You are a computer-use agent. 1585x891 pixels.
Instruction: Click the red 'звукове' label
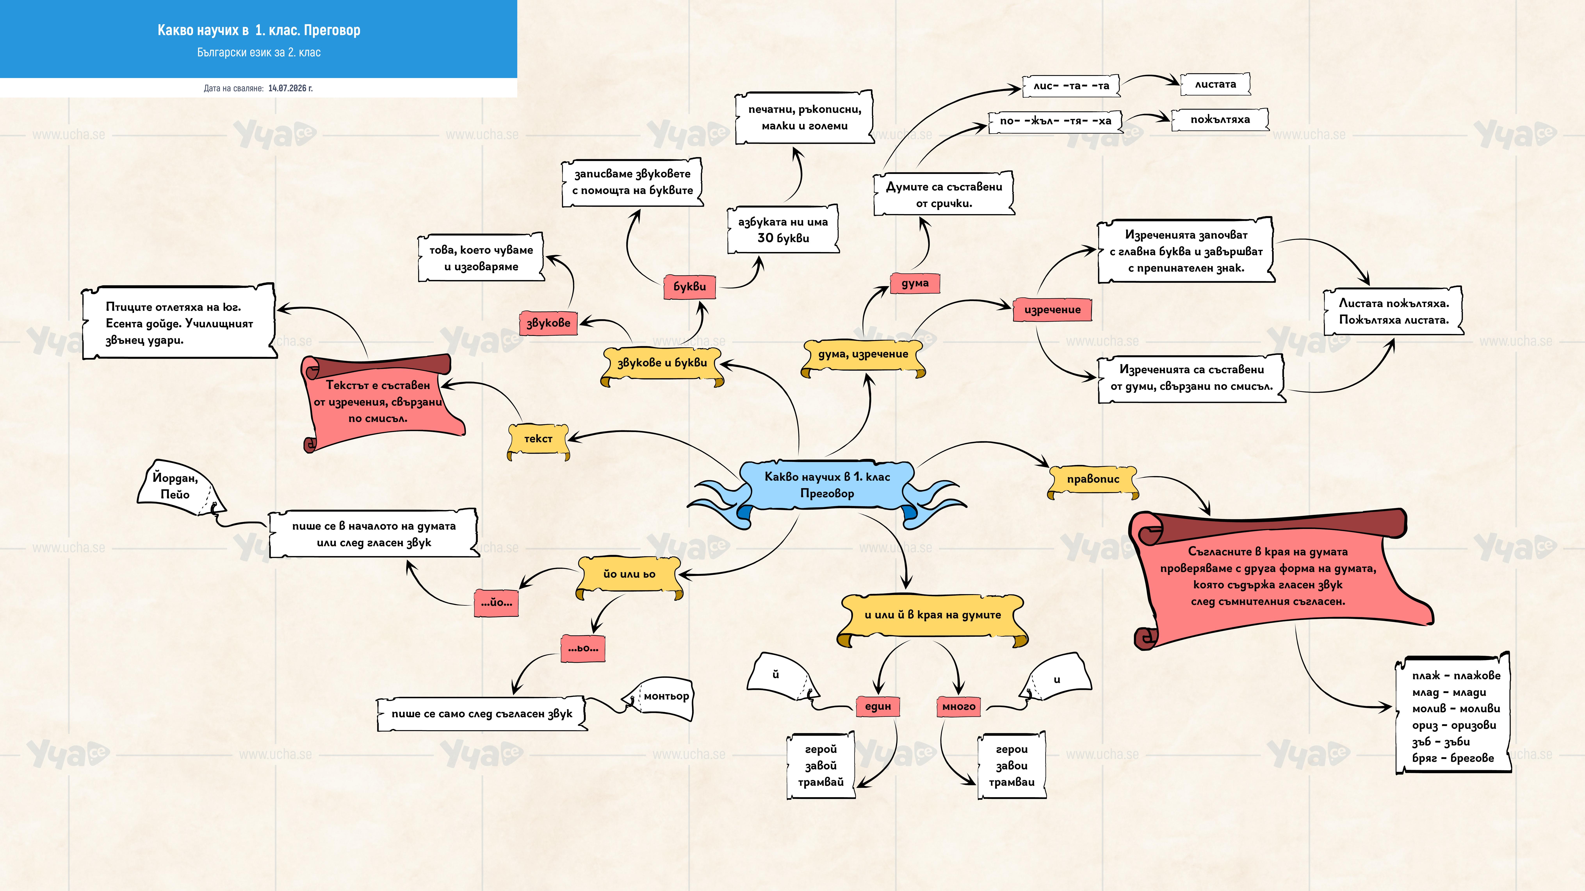(548, 323)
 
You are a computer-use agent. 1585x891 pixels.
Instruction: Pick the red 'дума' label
(915, 283)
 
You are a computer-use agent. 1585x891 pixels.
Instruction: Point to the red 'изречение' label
(1052, 310)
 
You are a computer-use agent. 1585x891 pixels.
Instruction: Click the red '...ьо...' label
(583, 648)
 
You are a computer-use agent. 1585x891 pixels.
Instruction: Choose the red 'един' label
(878, 706)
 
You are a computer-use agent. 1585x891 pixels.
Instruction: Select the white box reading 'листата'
(1215, 84)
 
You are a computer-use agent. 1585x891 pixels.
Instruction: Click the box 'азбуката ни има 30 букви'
(783, 230)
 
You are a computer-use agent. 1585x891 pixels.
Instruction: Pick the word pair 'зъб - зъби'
(1440, 742)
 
